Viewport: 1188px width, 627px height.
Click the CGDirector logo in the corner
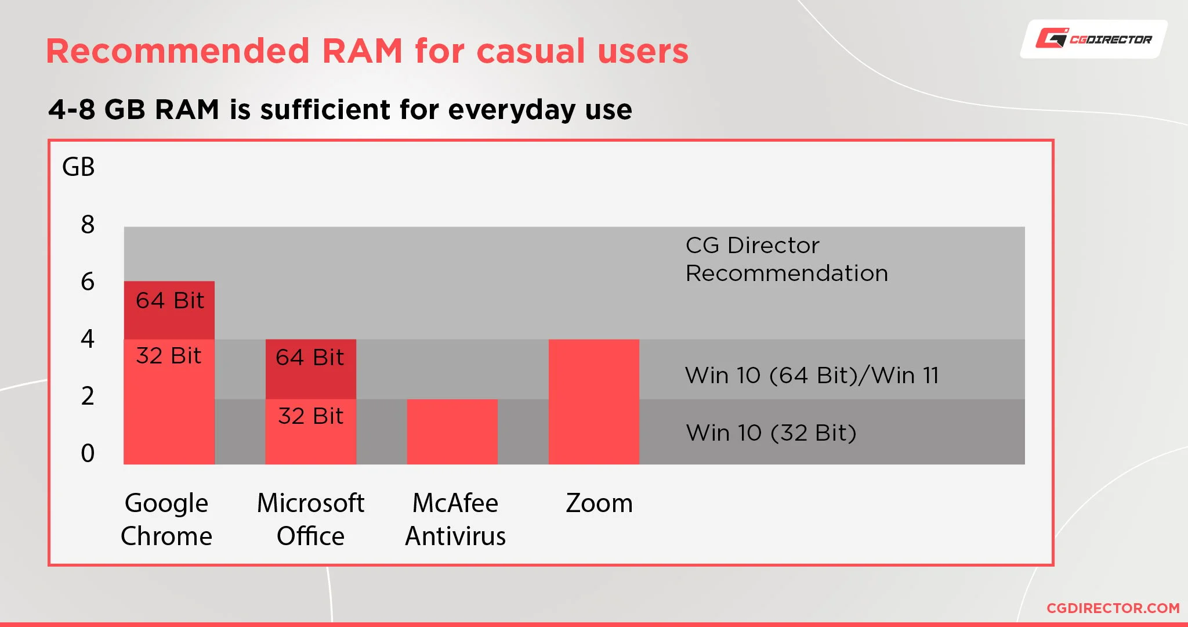point(1094,39)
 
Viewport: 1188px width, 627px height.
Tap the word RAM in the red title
point(362,51)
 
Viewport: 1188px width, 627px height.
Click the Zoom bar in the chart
point(593,402)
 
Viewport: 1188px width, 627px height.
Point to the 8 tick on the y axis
point(88,225)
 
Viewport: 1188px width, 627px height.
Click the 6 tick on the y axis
point(88,282)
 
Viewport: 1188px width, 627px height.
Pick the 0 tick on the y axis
point(88,453)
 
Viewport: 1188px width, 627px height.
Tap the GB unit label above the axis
point(78,167)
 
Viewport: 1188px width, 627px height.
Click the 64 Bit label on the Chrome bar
point(169,301)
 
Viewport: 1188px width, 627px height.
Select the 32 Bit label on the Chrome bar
point(169,356)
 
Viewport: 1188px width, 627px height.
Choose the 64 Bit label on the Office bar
point(310,358)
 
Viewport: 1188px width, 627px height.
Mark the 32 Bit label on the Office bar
point(310,416)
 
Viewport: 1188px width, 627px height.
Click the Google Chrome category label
point(166,520)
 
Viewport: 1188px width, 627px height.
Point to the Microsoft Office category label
point(310,520)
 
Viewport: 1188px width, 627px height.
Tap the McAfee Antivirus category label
point(455,520)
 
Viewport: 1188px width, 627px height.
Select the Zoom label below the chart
point(599,503)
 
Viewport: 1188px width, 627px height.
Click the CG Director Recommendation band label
point(786,260)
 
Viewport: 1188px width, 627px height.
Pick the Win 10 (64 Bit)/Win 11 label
point(812,376)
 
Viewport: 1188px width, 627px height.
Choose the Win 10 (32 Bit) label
point(771,433)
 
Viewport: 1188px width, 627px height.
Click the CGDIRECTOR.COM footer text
point(1113,608)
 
